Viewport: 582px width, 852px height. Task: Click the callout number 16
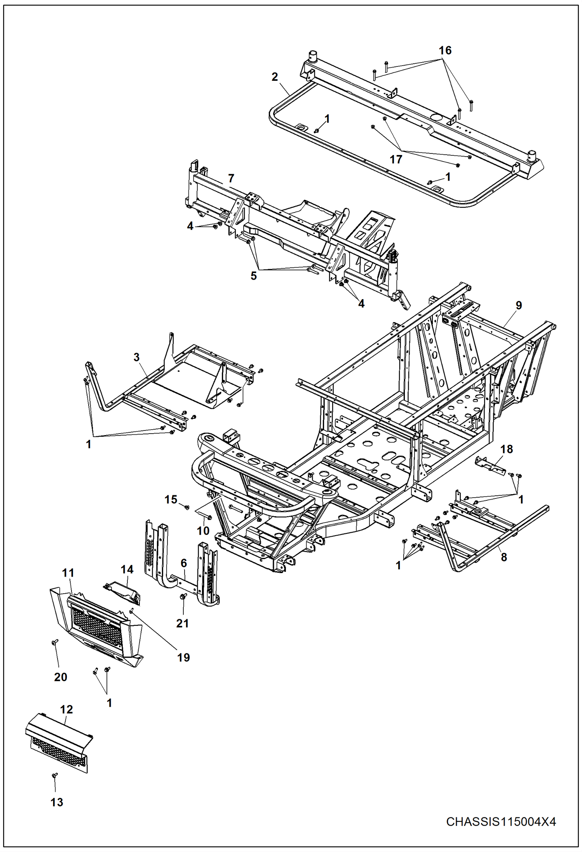(x=445, y=51)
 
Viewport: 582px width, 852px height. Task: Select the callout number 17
(x=396, y=159)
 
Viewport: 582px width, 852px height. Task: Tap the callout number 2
(x=275, y=77)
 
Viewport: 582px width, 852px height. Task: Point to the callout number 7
(x=231, y=178)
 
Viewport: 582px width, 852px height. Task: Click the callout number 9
(x=519, y=305)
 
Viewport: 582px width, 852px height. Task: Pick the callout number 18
(x=507, y=449)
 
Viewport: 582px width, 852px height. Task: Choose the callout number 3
(x=136, y=357)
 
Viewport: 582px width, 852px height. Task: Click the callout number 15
(x=171, y=499)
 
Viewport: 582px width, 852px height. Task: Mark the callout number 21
(x=183, y=623)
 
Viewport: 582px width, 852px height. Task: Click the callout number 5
(x=253, y=276)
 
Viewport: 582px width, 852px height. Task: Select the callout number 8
(x=504, y=557)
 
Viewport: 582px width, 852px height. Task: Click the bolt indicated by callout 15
(x=187, y=507)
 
